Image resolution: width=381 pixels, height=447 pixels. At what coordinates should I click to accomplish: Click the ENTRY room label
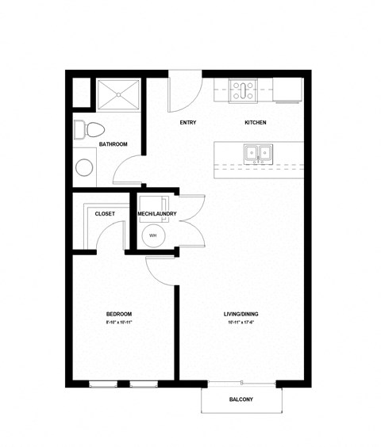pos(188,122)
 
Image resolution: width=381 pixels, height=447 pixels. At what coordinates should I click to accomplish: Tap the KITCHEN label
pos(255,122)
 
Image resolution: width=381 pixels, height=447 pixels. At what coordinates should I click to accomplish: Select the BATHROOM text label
pos(114,144)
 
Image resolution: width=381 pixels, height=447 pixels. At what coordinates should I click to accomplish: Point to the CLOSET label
pos(105,214)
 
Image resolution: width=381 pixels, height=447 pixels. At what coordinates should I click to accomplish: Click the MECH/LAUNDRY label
pos(157,214)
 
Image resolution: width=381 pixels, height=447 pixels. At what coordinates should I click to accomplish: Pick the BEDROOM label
pos(118,315)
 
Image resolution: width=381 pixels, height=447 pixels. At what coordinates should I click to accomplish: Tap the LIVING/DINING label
pos(241,315)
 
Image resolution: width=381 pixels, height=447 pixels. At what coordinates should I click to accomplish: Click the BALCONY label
pos(241,399)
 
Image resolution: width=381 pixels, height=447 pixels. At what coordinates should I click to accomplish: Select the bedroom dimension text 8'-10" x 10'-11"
pos(118,323)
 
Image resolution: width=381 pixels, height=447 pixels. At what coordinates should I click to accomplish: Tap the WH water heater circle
pos(152,235)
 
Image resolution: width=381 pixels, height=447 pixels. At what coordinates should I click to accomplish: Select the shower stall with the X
pos(119,94)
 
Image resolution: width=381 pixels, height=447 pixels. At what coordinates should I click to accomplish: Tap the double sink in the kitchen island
pos(256,152)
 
